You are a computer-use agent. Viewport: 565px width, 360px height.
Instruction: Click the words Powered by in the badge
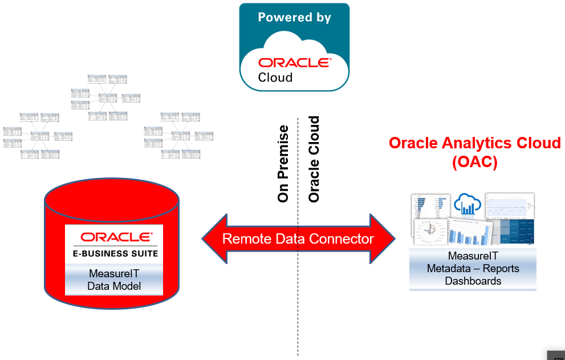tap(294, 18)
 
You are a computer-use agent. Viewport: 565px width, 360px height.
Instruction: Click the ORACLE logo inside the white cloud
tap(294, 62)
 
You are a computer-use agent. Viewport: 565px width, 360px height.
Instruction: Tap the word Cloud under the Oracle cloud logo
tap(275, 78)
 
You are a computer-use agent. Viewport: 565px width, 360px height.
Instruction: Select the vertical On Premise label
tap(283, 164)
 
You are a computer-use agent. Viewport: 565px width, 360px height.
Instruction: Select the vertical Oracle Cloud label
tap(314, 159)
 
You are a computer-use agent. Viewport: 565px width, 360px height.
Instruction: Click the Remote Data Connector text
tap(298, 238)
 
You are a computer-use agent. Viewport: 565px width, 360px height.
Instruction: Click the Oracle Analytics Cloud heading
tap(474, 143)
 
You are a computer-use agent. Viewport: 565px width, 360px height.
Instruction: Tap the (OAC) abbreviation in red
tap(474, 162)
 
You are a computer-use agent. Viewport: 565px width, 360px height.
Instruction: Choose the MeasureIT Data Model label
tap(114, 280)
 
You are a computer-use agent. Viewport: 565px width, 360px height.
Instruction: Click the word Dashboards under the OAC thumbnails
tap(473, 281)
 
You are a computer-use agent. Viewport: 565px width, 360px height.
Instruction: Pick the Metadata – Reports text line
tap(473, 268)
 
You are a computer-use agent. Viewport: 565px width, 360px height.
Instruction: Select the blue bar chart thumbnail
tap(471, 234)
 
